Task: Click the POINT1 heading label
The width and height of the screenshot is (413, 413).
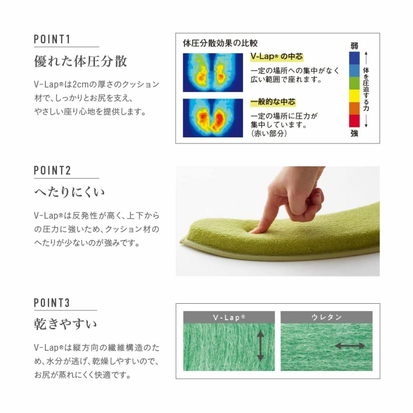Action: (52, 39)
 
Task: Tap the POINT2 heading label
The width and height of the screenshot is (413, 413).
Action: (52, 171)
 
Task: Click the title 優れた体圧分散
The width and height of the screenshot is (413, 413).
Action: (81, 61)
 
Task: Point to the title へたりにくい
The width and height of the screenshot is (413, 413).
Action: (69, 192)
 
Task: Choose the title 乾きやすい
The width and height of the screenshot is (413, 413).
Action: (65, 324)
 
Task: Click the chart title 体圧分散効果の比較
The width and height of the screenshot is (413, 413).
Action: (220, 43)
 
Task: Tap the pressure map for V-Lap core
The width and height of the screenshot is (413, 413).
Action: (213, 72)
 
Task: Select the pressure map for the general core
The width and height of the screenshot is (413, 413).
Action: (213, 118)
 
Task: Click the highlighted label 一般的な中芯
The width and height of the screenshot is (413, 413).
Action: (273, 102)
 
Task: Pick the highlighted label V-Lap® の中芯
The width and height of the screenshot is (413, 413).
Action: (276, 57)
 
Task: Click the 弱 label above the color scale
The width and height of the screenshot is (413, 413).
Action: (354, 46)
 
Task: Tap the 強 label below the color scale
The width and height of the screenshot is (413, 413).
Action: (354, 133)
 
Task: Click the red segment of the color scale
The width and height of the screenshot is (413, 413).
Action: (354, 121)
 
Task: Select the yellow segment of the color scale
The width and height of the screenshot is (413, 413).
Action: (354, 96)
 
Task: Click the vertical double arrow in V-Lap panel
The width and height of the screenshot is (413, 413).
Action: (260, 346)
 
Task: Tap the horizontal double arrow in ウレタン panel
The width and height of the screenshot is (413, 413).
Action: (350, 346)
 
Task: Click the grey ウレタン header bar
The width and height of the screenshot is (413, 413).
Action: (326, 317)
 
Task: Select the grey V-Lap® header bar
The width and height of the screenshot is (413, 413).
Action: (229, 317)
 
